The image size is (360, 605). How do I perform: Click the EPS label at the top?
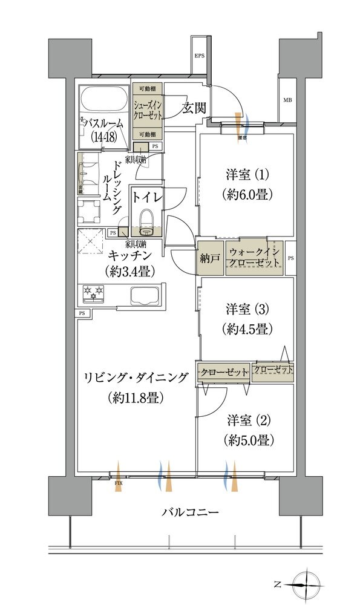click(199, 56)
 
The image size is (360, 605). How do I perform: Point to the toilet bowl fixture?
click(146, 221)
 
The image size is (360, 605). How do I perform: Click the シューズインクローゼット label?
click(148, 109)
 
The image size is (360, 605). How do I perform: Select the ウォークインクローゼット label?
click(254, 258)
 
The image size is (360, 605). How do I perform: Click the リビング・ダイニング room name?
click(135, 378)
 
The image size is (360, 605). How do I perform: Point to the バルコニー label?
click(190, 512)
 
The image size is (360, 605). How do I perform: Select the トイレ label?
click(146, 197)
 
